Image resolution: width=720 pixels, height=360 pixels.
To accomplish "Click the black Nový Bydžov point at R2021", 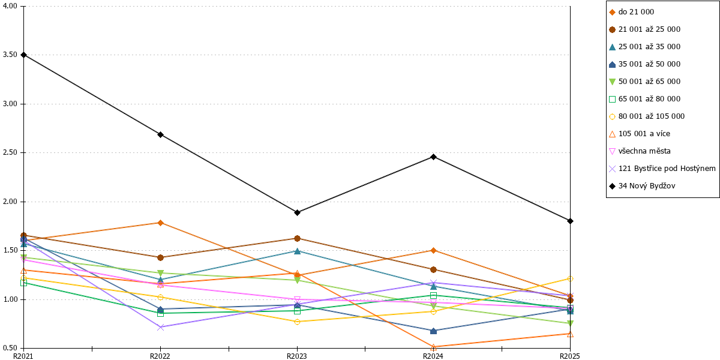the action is (23, 55).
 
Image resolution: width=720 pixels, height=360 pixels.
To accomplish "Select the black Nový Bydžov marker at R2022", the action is (160, 134).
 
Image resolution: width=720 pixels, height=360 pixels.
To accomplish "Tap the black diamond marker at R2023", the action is (297, 213).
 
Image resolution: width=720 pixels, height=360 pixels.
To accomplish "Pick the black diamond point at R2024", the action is (433, 157).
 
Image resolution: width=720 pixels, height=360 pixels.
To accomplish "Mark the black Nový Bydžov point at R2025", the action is (570, 221).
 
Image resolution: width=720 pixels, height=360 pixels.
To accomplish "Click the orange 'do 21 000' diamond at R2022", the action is (160, 223).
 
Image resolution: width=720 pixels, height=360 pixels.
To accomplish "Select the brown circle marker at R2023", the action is (297, 239).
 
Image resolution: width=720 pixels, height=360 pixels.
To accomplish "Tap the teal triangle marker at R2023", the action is (297, 251).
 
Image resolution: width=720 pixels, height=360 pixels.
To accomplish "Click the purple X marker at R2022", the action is (160, 327).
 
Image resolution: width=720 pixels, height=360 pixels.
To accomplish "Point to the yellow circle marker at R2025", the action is (570, 278).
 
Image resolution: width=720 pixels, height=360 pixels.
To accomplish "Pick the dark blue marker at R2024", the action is (433, 331).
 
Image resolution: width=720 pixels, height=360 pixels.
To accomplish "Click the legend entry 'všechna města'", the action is (644, 151).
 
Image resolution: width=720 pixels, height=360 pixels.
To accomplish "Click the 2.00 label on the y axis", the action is (10, 202).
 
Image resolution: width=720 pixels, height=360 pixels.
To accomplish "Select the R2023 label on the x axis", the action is (296, 356).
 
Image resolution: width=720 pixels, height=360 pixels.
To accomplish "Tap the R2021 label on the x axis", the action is (23, 356).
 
